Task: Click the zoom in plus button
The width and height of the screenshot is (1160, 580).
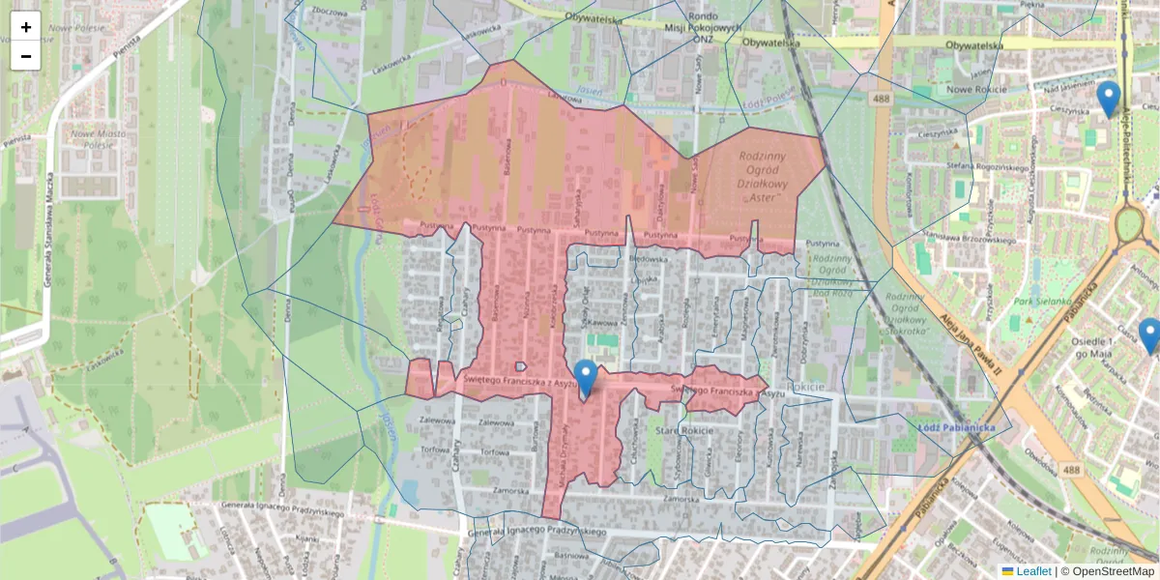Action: (26, 27)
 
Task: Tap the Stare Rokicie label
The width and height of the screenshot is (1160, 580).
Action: (683, 429)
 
